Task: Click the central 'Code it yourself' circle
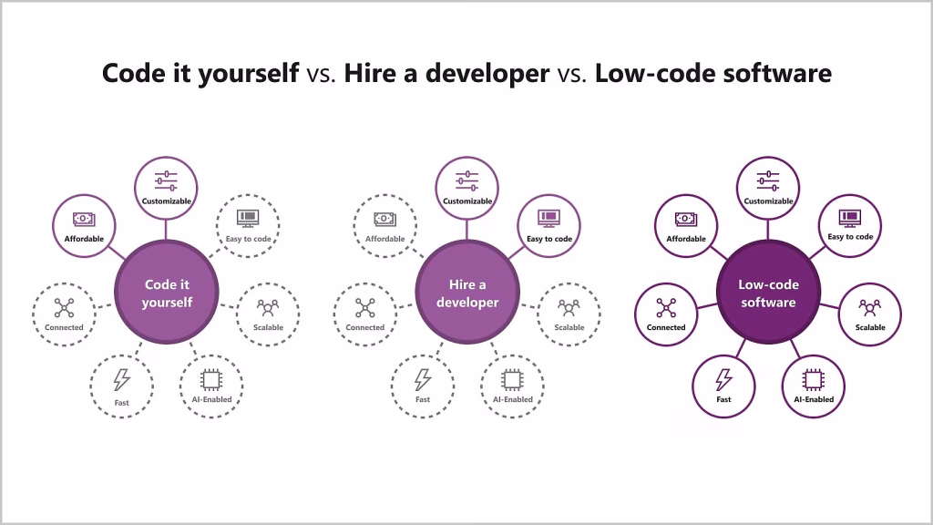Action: point(167,293)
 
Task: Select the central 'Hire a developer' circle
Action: point(467,293)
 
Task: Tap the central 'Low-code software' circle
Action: point(769,293)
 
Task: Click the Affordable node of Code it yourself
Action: point(84,226)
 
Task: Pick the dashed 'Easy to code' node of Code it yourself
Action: point(248,226)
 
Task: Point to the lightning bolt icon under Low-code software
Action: point(723,379)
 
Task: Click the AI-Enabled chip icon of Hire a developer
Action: point(512,379)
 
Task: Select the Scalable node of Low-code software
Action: point(870,314)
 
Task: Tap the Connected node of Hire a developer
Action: point(365,314)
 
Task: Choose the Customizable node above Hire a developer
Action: point(467,188)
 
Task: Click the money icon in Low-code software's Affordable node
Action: point(686,220)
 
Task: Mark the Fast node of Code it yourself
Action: point(121,386)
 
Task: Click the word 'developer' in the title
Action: point(487,73)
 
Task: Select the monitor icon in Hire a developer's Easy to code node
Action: point(549,219)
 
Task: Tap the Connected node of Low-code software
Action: point(666,314)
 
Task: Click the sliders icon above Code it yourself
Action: point(166,181)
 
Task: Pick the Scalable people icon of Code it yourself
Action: point(268,308)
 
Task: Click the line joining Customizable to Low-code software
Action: point(767,230)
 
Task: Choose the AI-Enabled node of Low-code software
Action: point(814,386)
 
